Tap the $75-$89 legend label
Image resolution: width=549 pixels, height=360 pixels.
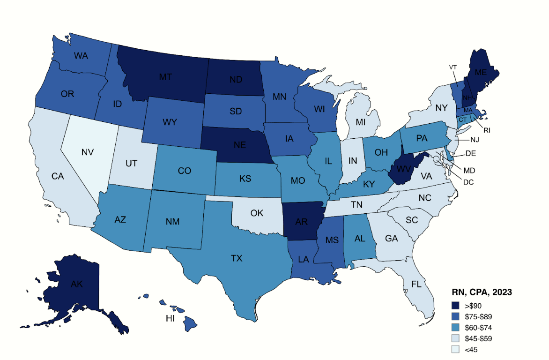pos(478,316)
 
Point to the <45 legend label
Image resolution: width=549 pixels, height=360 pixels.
pos(471,349)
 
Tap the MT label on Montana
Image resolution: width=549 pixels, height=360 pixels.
pos(165,77)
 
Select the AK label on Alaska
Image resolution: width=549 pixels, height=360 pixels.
pos(65,284)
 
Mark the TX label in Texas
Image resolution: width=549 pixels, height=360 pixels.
pos(237,258)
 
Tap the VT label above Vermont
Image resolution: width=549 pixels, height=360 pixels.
pos(453,67)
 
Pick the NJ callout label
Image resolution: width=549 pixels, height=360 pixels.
pos(474,140)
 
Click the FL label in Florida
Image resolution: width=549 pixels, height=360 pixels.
pos(416,284)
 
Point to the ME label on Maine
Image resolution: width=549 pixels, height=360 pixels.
pos(481,73)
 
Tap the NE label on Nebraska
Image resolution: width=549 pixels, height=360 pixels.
pos(239,146)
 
